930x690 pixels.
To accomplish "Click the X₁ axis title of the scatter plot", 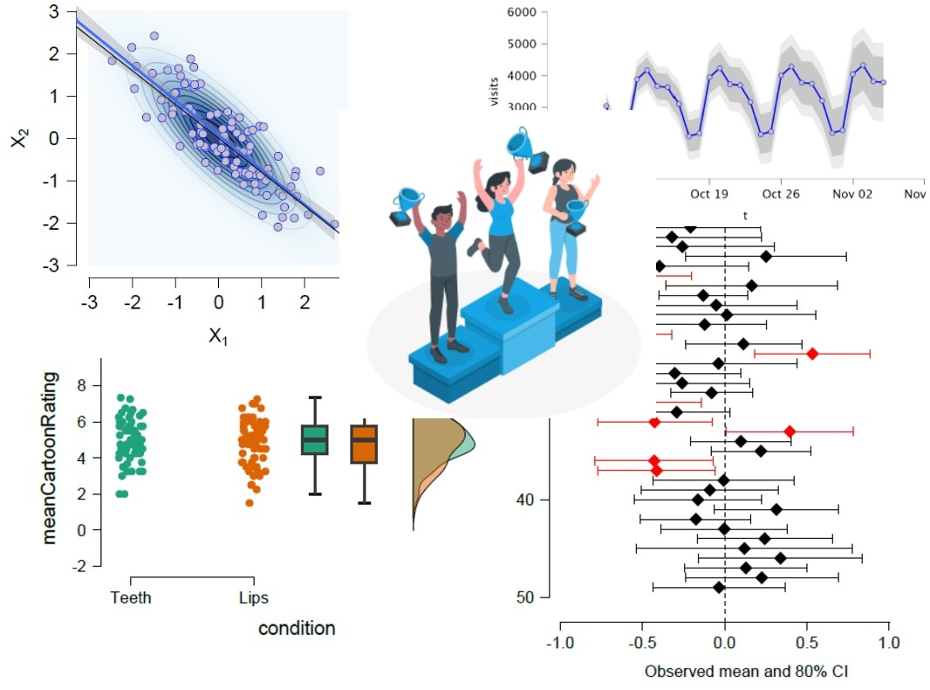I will coord(218,335).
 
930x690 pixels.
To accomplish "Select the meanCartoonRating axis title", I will coord(50,458).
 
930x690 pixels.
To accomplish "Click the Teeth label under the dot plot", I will coord(131,598).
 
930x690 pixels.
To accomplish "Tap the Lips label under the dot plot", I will coord(254,598).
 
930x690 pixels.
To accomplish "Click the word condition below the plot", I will coord(297,628).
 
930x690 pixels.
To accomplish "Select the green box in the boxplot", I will coord(314,439).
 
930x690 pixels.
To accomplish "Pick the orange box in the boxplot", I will coord(363,444).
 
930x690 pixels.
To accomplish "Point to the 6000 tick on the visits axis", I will coord(520,14).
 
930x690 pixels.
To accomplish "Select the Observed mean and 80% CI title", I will coord(723,672).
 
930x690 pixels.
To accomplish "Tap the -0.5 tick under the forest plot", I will coord(641,642).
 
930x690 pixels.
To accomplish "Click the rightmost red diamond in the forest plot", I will coord(812,353).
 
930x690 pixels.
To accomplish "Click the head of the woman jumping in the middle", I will coord(498,185).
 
